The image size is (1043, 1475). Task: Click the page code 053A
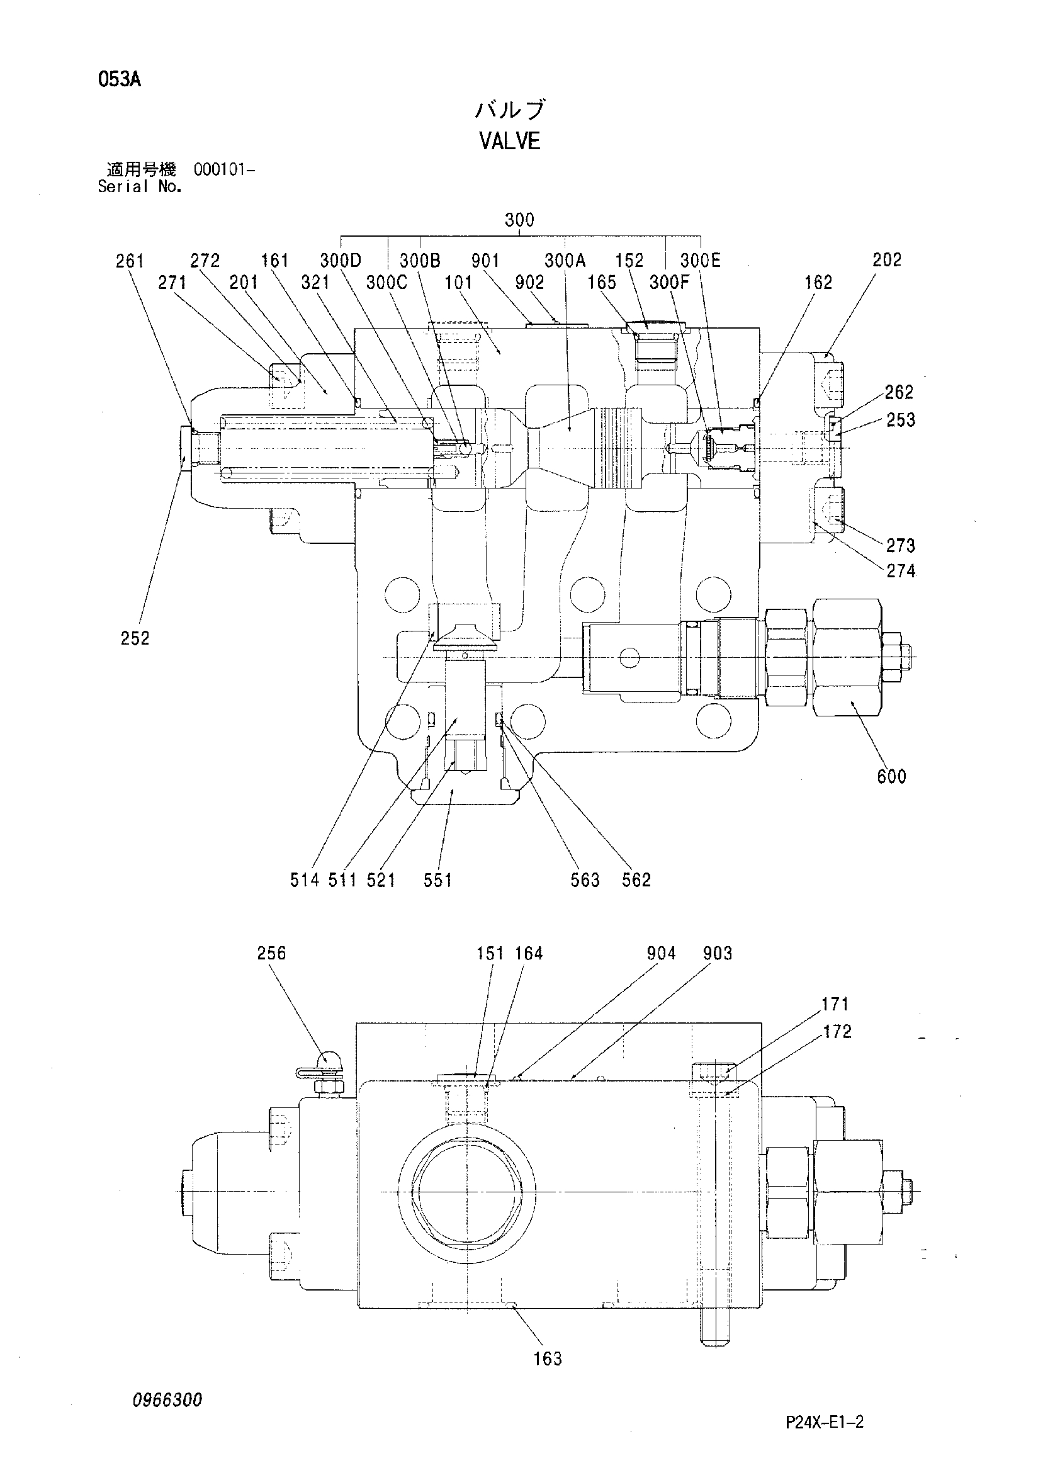coord(120,80)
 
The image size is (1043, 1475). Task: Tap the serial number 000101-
coord(224,170)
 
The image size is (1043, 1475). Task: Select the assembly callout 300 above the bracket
coord(519,220)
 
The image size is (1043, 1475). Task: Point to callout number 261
coord(130,261)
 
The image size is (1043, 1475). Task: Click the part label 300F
coord(668,283)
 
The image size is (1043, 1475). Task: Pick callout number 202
coord(887,260)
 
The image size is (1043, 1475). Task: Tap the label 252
coord(135,638)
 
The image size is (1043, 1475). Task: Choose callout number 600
coord(891,776)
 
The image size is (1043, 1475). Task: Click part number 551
coord(437,879)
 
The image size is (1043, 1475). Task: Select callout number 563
coord(585,879)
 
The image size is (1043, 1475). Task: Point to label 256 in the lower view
coord(271,952)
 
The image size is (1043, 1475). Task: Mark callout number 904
coord(662,953)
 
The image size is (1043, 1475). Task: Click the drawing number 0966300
coord(167,1400)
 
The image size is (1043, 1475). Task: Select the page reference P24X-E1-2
coord(825,1422)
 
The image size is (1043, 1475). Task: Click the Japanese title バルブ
coord(510,110)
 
